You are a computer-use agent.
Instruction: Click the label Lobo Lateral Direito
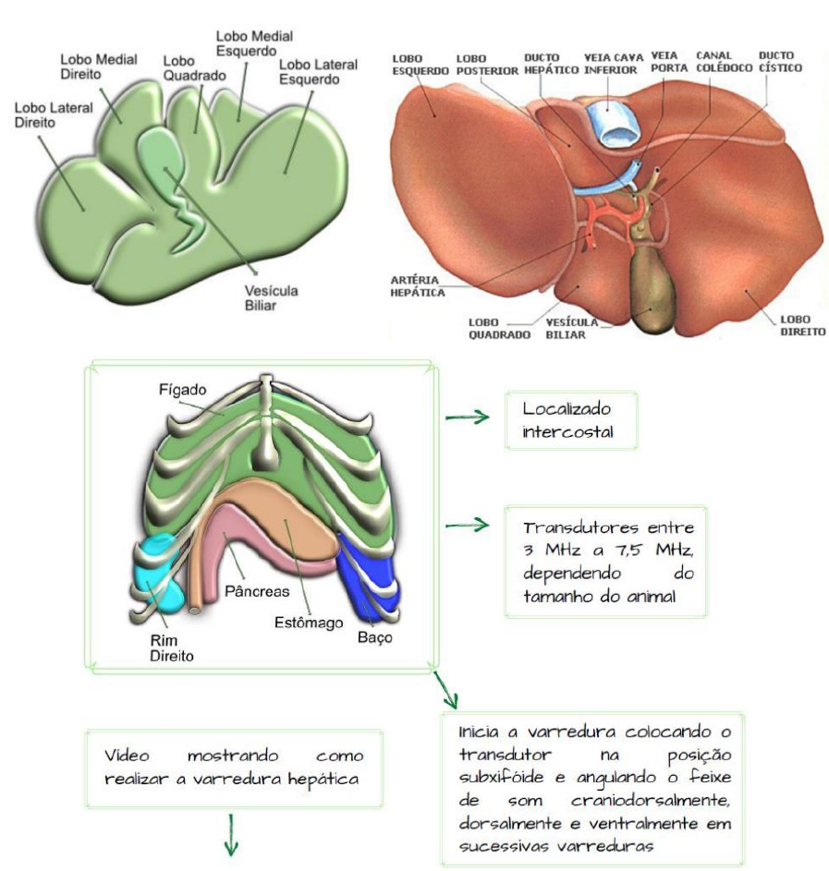click(x=53, y=115)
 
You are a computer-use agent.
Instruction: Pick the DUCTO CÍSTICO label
click(x=780, y=62)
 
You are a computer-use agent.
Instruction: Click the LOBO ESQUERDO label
click(x=420, y=62)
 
